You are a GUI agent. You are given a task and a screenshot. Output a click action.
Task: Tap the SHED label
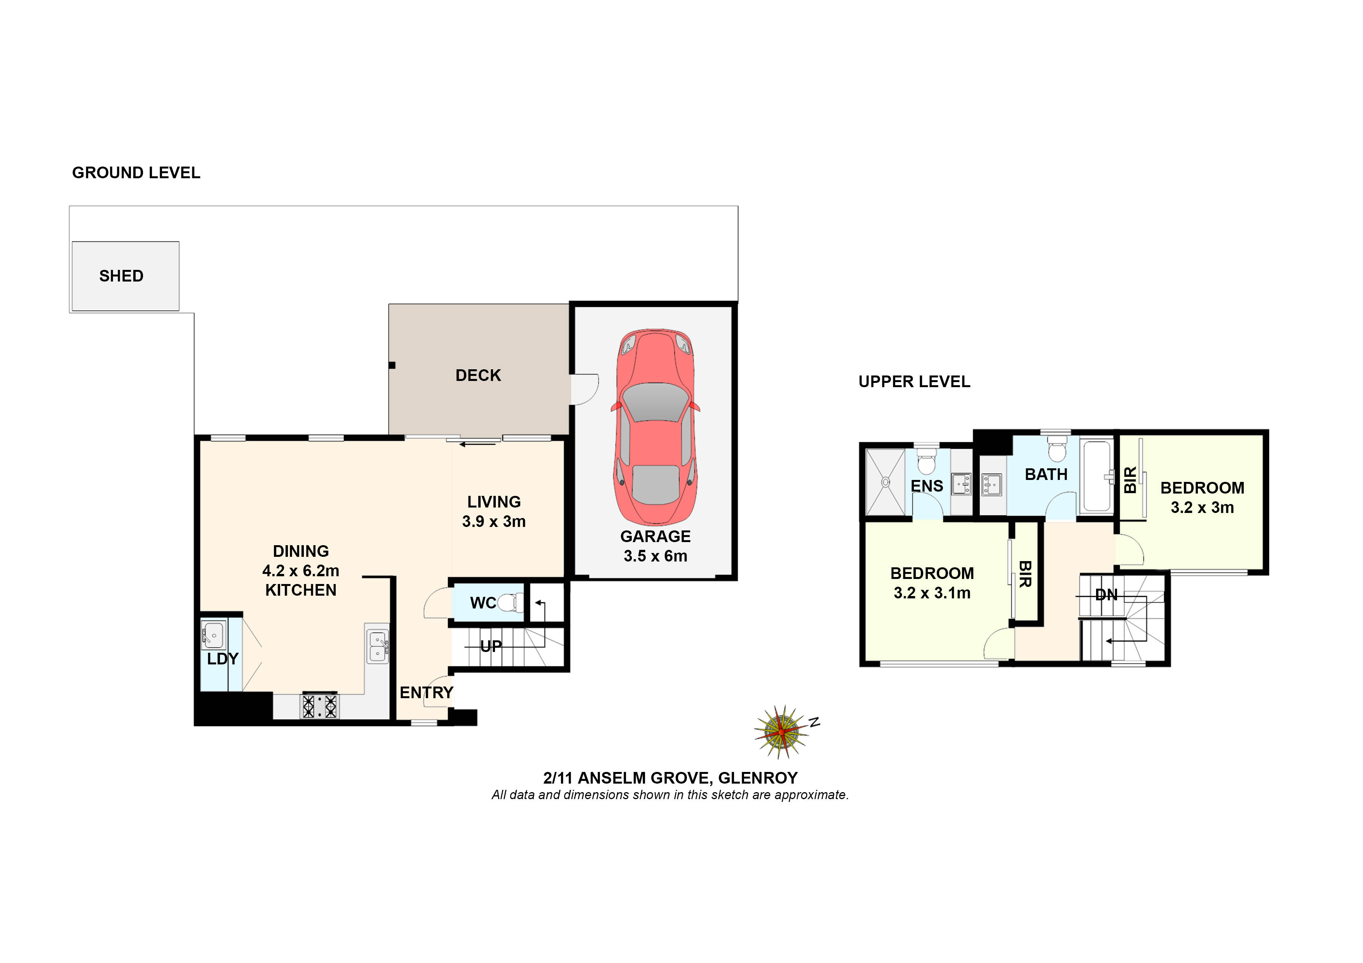[121, 276]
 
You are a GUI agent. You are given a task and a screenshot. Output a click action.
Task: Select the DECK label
[478, 375]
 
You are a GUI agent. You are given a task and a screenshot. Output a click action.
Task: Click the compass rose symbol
[782, 732]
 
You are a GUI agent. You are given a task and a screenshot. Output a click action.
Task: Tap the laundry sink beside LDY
[213, 635]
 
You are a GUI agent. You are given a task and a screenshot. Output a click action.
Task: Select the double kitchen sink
[377, 646]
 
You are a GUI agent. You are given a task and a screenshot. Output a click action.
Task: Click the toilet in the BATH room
[1057, 449]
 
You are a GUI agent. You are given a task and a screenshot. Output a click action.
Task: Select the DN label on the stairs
[1106, 594]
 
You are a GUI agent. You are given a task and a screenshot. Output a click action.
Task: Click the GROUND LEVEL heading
[136, 173]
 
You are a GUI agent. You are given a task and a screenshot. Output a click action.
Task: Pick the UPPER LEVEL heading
[914, 382]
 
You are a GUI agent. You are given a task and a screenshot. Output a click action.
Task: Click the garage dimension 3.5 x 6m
[655, 556]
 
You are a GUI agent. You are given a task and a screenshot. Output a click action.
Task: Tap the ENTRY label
[426, 692]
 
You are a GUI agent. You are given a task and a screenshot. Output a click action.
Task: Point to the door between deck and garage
[584, 389]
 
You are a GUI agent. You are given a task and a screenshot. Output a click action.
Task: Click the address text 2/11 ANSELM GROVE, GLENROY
[670, 778]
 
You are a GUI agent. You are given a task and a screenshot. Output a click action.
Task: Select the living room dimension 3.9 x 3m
[494, 521]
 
